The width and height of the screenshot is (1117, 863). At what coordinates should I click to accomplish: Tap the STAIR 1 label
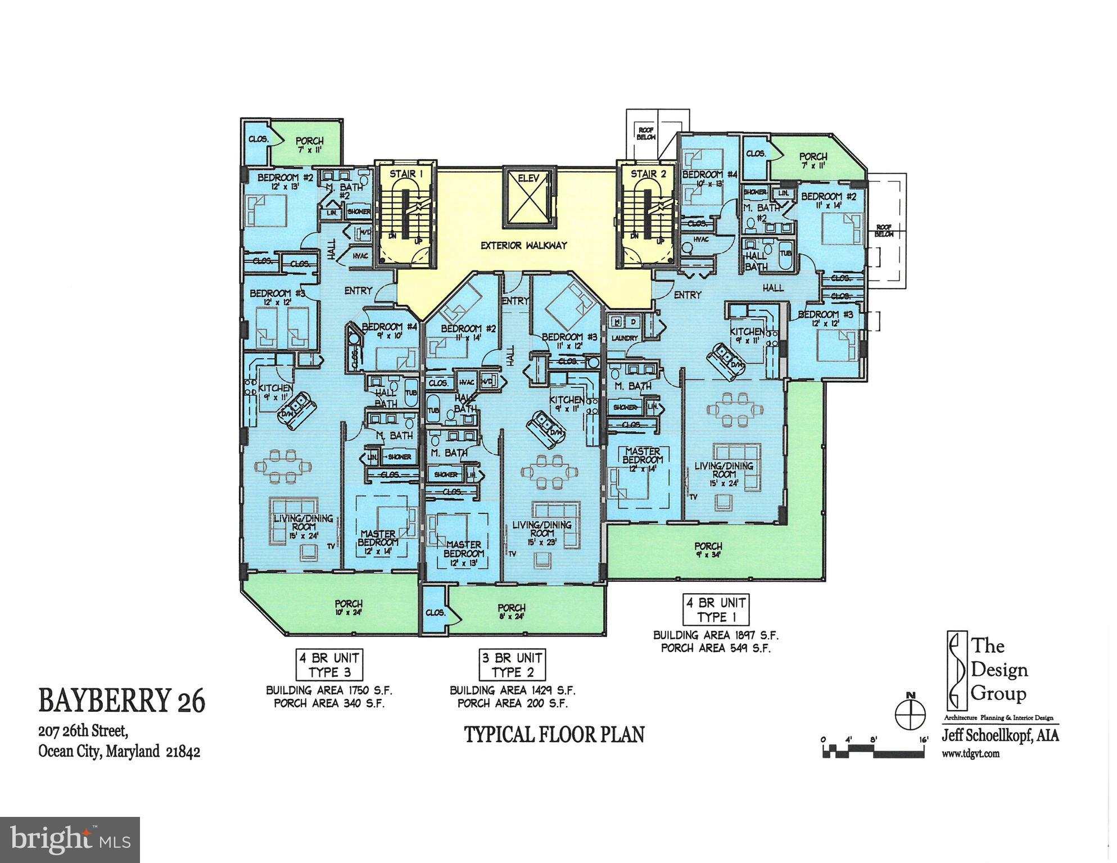(x=406, y=174)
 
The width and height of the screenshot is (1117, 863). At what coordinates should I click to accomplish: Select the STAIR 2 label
(x=648, y=174)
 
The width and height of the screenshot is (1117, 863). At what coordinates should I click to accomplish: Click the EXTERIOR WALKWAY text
(x=523, y=246)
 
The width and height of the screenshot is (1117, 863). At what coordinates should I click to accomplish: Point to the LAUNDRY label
(x=625, y=338)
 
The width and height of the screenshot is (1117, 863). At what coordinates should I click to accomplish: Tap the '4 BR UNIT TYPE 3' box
(x=329, y=665)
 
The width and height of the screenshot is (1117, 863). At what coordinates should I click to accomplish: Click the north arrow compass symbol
(x=910, y=714)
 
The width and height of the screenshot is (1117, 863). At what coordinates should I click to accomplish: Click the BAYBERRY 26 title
(x=122, y=702)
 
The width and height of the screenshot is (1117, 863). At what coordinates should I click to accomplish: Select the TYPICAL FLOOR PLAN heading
(x=554, y=735)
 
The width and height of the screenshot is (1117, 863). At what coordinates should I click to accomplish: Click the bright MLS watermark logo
(x=70, y=840)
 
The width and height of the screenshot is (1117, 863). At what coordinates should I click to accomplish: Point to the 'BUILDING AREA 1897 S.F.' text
(x=716, y=635)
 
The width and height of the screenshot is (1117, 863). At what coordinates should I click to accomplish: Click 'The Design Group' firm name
(x=1000, y=670)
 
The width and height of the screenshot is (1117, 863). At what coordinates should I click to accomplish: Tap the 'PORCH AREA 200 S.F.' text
(x=512, y=703)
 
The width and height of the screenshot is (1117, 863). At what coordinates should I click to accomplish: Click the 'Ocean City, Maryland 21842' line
(x=119, y=752)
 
